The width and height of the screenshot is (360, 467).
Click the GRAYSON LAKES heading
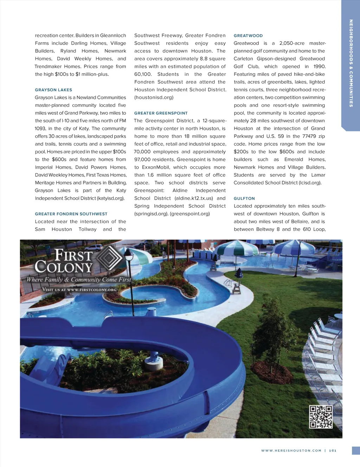pyautogui.click(x=53, y=90)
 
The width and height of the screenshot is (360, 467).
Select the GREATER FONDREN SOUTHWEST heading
pyautogui.click(x=71, y=214)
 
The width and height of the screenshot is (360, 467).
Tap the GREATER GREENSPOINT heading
pyautogui.click(x=161, y=113)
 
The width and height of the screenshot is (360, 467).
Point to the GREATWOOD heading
pyautogui.click(x=248, y=36)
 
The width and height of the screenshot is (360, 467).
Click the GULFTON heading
pyautogui.click(x=244, y=199)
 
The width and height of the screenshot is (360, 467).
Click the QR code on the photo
pyautogui.click(x=321, y=417)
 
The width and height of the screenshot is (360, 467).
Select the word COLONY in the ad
pyautogui.click(x=64, y=267)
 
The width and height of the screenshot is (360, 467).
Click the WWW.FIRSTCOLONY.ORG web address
pyautogui.click(x=91, y=290)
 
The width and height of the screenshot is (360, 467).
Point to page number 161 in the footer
pyautogui.click(x=333, y=450)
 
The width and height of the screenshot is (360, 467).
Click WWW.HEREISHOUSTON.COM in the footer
pyautogui.click(x=291, y=450)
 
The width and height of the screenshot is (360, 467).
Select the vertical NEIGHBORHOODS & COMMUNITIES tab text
pyautogui.click(x=351, y=63)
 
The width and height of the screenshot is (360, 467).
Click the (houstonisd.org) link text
pyautogui.click(x=154, y=97)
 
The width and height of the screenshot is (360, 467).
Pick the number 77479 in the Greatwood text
pyautogui.click(x=309, y=136)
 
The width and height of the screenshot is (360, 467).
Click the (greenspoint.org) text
pyautogui.click(x=190, y=214)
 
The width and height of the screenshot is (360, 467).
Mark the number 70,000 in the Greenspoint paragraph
pyautogui.click(x=142, y=152)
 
